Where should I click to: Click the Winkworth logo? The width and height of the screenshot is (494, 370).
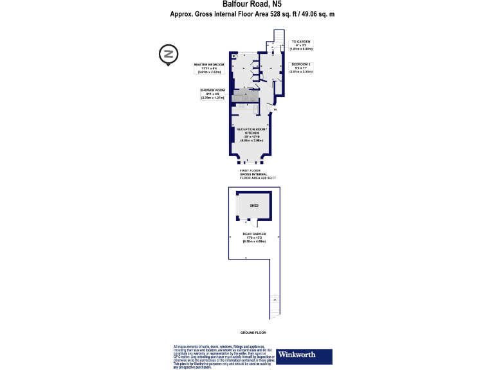304,355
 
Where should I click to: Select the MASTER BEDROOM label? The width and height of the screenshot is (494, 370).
209,65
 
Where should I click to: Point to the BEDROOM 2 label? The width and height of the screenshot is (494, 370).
301,65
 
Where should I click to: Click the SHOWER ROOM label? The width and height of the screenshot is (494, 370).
212,90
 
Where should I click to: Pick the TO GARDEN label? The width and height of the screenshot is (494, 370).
301,40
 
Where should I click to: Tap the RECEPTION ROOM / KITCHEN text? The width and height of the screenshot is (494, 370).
255,132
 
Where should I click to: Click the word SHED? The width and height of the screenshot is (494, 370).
255,206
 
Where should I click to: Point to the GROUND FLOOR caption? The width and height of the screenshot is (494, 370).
253,333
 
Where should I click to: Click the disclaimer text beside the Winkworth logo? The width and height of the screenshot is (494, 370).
224,355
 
